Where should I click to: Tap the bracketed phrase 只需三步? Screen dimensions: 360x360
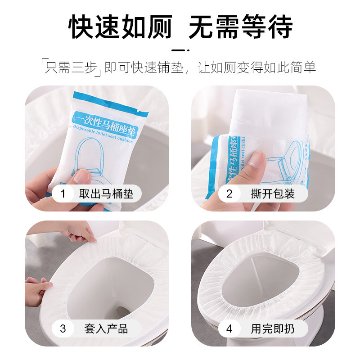[71, 67]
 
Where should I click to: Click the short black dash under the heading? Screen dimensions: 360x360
[180, 50]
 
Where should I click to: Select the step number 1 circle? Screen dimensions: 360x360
[63, 194]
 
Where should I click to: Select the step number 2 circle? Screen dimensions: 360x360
[229, 194]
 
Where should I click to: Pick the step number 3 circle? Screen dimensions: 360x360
[63, 328]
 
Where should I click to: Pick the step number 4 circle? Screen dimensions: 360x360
[229, 328]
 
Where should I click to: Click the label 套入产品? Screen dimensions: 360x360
[106, 328]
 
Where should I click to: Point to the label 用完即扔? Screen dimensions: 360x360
[273, 328]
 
